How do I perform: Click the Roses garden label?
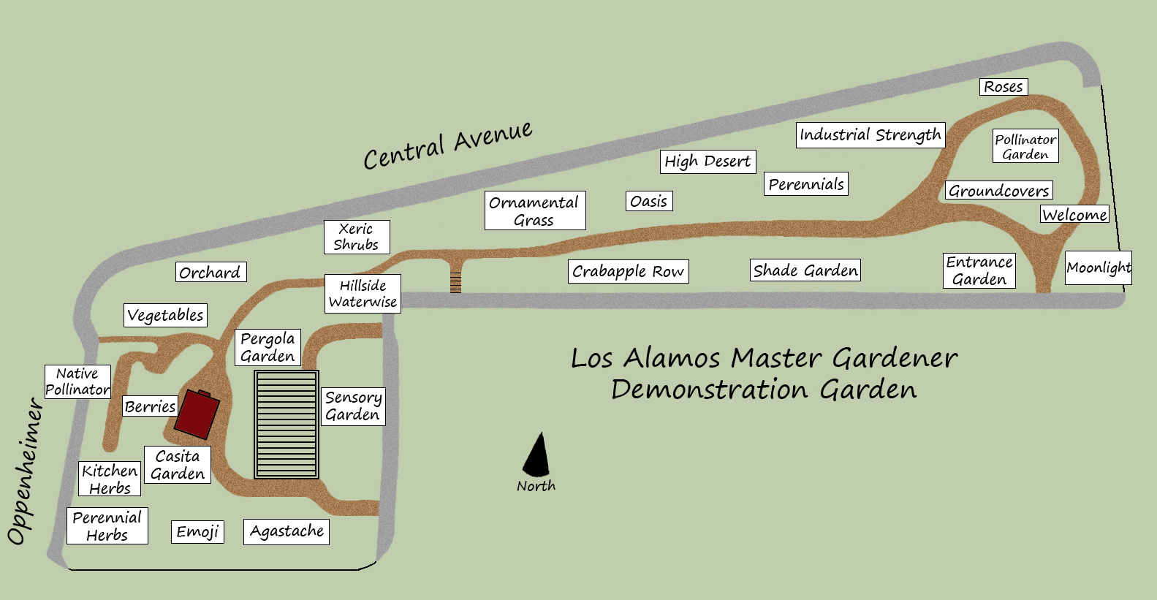point(1004,87)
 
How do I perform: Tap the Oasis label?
point(649,201)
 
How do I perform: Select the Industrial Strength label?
point(870,135)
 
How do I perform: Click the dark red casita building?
point(197,414)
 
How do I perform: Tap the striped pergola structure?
point(287,425)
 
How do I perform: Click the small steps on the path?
point(455,282)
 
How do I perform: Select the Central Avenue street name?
point(448,145)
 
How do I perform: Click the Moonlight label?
point(1098,267)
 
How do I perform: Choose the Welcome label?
point(1074,214)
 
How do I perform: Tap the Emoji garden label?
point(197,531)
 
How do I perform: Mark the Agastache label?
point(287,531)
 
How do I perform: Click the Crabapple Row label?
point(628,271)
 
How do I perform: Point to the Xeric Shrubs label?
point(357,237)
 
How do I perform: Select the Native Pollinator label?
point(77,381)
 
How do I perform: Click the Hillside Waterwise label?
point(363,294)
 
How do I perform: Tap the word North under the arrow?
point(536,486)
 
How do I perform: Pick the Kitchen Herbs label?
point(110,479)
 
